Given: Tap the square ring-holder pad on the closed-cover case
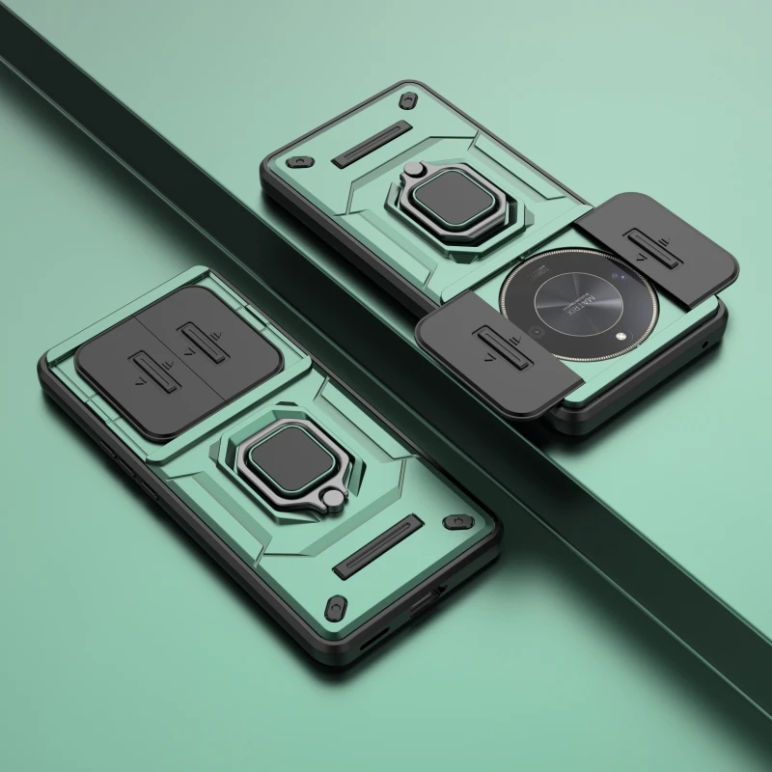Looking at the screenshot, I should [279, 454].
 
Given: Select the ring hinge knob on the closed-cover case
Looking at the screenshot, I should [333, 499].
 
